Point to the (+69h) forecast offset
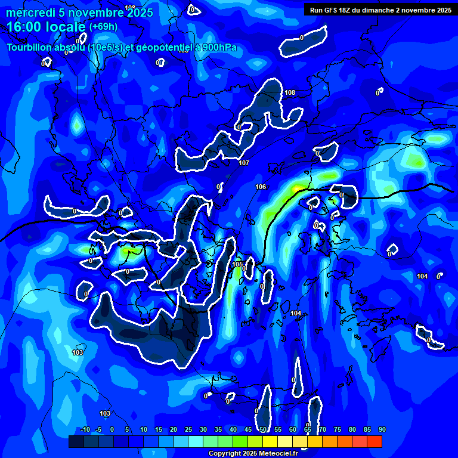pos(103,27)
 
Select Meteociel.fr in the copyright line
pos(279,453)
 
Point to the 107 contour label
pos(243,163)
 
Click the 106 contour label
pos(261,187)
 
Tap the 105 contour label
pos(237,264)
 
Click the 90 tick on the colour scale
pos(382,429)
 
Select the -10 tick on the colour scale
pos(85,429)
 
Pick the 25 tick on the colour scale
pos(188,429)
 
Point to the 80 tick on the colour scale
pos(352,429)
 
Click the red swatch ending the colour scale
pos(375,441)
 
